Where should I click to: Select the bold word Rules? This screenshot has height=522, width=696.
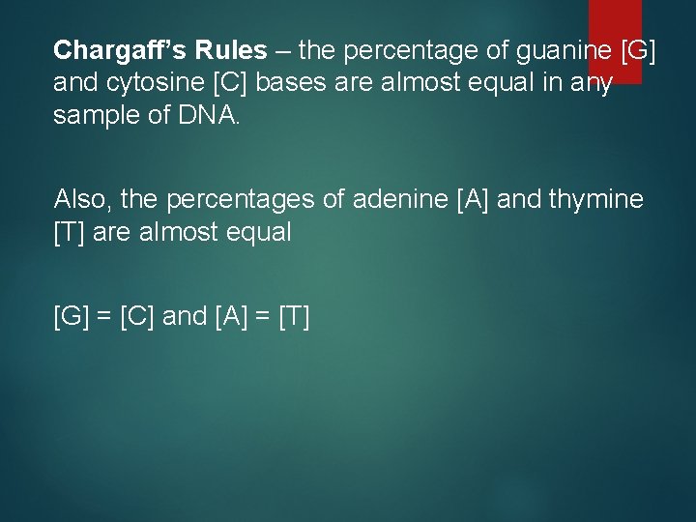click(x=218, y=50)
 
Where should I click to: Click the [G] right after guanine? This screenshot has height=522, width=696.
click(x=639, y=50)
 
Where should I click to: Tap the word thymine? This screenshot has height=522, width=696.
click(x=595, y=199)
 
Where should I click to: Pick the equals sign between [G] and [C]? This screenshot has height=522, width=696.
click(x=105, y=315)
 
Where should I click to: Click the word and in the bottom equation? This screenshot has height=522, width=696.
click(x=185, y=315)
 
